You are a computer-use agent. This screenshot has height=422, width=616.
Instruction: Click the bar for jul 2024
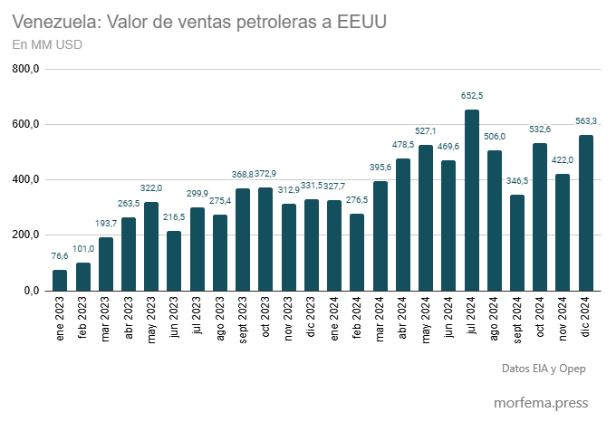click(472, 200)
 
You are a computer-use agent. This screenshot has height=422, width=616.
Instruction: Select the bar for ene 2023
click(60, 280)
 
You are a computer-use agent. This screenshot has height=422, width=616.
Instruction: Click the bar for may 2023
click(151, 246)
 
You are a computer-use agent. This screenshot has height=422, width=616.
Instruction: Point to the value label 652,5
click(472, 95)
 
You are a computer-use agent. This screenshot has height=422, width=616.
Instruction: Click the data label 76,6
click(60, 256)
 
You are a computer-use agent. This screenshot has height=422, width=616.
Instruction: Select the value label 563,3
click(587, 120)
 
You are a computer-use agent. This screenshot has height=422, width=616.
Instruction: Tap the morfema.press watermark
click(540, 402)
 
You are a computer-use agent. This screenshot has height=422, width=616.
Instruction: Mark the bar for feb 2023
click(83, 276)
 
